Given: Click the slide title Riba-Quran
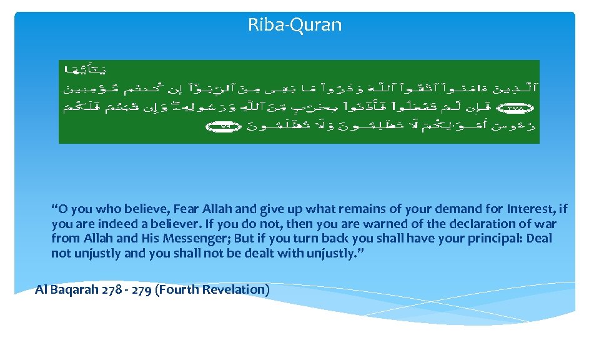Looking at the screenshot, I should pos(295,25).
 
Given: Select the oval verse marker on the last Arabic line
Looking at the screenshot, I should pos(216,127).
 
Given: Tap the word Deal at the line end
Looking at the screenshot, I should pos(538,238).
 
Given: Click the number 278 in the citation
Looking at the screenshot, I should pos(110,289).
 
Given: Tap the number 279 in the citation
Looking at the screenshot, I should pos(139,289).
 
